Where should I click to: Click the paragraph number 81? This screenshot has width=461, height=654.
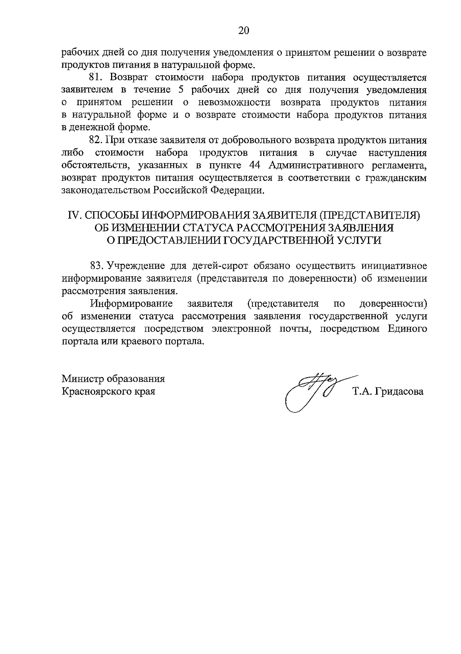(x=95, y=77)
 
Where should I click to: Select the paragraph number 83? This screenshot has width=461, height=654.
(x=97, y=266)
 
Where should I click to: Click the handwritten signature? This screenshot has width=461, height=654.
(x=311, y=391)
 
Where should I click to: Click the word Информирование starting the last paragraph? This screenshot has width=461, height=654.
(x=131, y=304)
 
